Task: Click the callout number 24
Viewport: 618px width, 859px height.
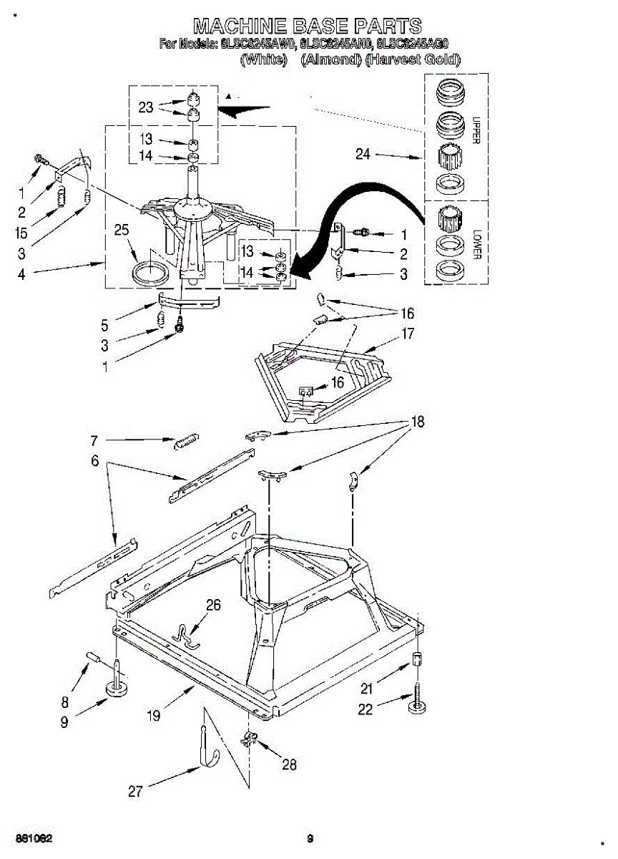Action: coord(363,154)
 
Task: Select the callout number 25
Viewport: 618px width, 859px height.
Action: coord(122,230)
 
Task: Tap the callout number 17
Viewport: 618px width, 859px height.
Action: coord(408,334)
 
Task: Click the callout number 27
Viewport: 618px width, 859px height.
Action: coord(135,791)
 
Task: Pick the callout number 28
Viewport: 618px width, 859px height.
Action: coord(289,765)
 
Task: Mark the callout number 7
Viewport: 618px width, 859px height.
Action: coord(94,440)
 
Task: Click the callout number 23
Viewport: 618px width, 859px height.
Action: coord(146,107)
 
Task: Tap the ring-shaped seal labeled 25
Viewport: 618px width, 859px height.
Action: coord(151,273)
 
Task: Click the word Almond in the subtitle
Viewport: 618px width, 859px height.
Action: coord(330,60)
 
